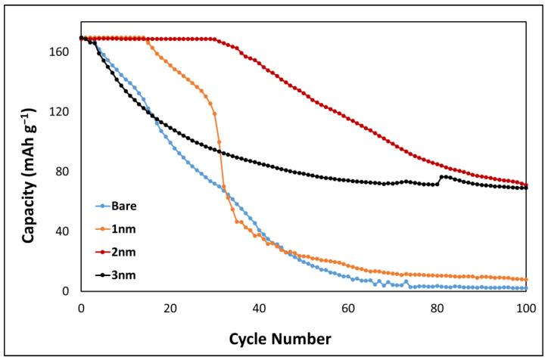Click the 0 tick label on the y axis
(67, 291)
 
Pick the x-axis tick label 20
(170, 309)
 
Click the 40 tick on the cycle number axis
(259, 309)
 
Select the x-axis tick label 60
(348, 309)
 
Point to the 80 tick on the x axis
(437, 309)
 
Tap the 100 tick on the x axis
(526, 309)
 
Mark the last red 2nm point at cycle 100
(526, 185)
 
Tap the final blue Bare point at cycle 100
(526, 288)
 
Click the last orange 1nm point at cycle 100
(526, 280)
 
